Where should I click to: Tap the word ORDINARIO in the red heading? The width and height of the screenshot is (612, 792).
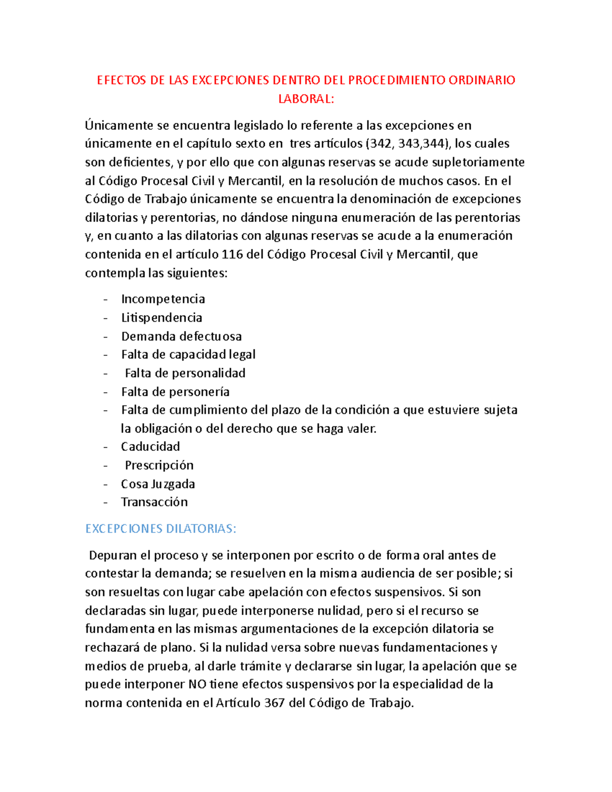coord(482,80)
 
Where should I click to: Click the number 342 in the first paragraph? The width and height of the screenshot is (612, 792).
coord(381,144)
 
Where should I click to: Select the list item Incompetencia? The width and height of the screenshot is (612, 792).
coord(163,299)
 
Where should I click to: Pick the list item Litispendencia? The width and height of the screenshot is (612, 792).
coord(161,318)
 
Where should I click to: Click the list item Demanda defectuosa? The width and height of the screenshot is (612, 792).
coord(181,336)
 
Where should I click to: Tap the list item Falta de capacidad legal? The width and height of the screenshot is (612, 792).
coord(188,354)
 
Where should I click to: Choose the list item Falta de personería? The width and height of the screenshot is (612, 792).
coord(175,392)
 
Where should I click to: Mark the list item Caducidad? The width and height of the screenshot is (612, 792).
coord(150,447)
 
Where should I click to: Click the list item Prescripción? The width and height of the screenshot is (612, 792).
coord(159,465)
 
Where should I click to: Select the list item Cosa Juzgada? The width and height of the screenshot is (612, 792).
coord(158,483)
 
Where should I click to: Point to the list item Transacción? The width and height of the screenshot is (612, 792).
coord(154,502)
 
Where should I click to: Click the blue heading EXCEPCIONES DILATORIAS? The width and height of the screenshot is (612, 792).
coord(161,529)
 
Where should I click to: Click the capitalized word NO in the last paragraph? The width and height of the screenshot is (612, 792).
coord(197,684)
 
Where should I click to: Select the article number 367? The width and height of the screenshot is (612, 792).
coord(275,703)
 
